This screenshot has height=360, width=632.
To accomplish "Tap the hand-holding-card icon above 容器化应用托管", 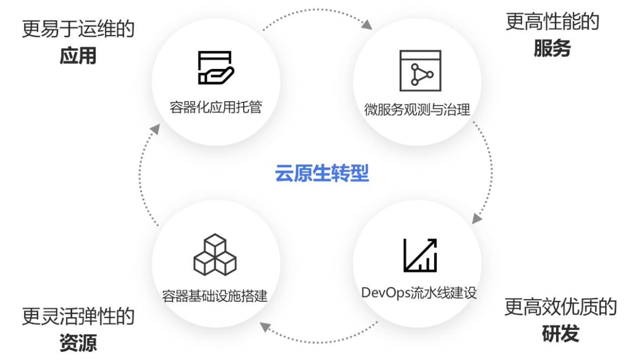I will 215,67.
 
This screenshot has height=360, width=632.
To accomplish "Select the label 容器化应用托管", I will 216,107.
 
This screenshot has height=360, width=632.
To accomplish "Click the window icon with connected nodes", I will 420,71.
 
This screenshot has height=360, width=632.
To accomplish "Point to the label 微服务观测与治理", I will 417,110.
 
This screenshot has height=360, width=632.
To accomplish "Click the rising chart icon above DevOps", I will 420,255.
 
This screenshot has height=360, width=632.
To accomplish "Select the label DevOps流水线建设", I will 419,293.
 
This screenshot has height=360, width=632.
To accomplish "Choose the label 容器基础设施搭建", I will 215,296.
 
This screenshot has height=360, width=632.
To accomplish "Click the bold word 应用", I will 78,56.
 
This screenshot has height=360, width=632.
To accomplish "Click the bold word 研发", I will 560,334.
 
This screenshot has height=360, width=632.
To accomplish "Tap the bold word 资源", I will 78,343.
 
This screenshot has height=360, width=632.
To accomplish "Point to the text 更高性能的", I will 552,22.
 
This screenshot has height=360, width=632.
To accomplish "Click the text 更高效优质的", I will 560,307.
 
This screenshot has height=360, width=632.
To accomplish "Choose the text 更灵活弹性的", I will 78,316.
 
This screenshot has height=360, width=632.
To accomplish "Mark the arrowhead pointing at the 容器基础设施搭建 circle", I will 264,326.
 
